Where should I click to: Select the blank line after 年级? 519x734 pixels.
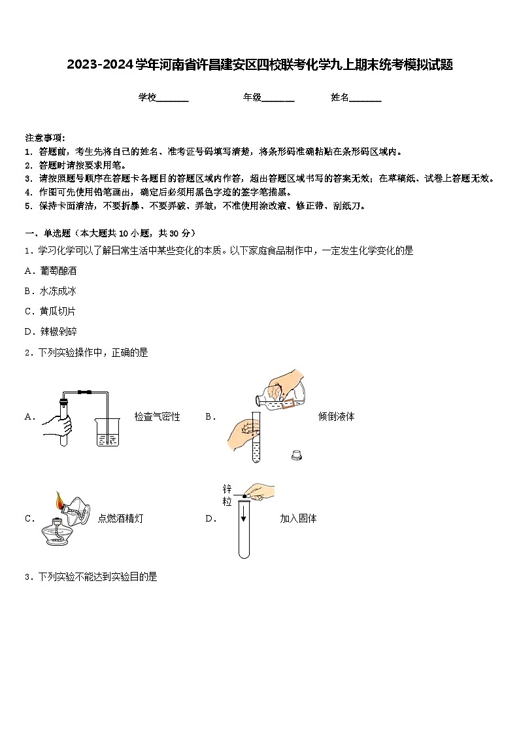pos(278,99)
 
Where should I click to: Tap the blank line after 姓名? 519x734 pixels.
pos(365,99)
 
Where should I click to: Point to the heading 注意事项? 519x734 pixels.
pos(44,138)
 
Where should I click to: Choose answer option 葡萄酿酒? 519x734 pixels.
pos(58,271)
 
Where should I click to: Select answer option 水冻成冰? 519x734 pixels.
pos(58,291)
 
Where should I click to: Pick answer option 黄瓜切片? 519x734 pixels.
pos(58,311)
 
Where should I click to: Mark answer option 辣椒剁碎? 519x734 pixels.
pos(58,331)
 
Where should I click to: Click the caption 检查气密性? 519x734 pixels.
pos(157,416)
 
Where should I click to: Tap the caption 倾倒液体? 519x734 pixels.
pos(336,416)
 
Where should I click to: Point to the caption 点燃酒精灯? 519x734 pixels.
pos(120,518)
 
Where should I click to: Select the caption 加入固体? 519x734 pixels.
pos(298,518)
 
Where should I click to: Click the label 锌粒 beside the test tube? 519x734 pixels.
pos(227,495)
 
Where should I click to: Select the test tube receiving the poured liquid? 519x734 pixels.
pos(256,438)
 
